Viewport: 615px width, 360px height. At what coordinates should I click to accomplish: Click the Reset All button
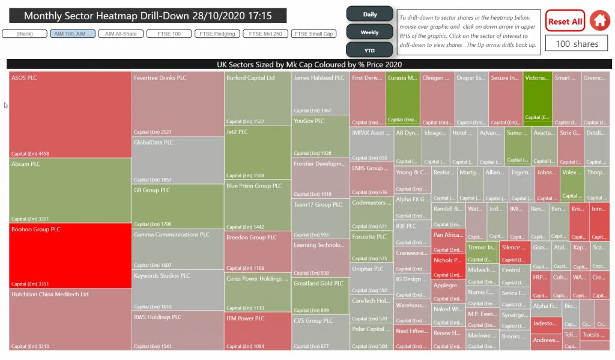[x=565, y=21]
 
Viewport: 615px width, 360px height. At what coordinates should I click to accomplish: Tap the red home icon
[x=599, y=21]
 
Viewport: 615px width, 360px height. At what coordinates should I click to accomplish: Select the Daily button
[x=369, y=14]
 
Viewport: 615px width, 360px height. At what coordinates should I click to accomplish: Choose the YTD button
[x=369, y=50]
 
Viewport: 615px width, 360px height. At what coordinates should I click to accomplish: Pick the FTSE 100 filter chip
[x=169, y=34]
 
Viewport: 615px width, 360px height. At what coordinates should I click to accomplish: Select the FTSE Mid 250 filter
[x=265, y=34]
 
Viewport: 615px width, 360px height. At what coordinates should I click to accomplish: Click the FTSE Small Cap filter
[x=313, y=34]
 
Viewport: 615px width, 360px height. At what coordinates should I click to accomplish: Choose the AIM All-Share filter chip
[x=121, y=34]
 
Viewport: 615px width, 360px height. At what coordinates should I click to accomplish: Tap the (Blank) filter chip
[x=25, y=34]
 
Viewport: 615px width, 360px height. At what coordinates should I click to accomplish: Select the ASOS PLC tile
[x=70, y=114]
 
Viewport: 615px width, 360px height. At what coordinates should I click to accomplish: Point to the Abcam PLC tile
[x=70, y=190]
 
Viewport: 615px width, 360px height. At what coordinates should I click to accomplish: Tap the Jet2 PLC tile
[x=258, y=153]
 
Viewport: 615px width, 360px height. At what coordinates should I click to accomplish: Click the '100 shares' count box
[x=577, y=44]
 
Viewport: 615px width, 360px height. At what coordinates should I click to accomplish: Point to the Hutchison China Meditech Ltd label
[x=50, y=294]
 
